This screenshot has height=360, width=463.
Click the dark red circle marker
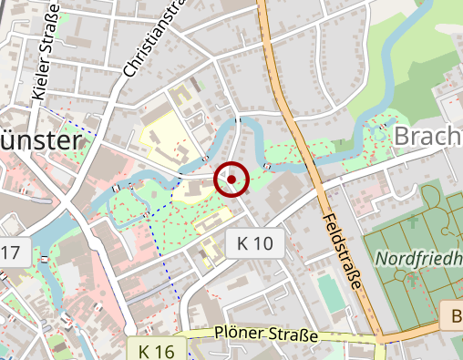pyautogui.click(x=231, y=180)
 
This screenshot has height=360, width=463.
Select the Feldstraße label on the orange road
pyautogui.click(x=341, y=251)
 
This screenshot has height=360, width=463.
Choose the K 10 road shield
pyautogui.click(x=254, y=243)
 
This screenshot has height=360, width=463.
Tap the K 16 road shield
pyautogui.click(x=157, y=351)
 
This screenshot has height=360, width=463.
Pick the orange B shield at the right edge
pyautogui.click(x=454, y=317)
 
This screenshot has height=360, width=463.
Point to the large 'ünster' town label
pyautogui.click(x=42, y=141)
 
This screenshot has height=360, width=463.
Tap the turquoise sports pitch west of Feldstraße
pyautogui.click(x=328, y=292)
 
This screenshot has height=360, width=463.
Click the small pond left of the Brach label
pyautogui.click(x=375, y=129)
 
